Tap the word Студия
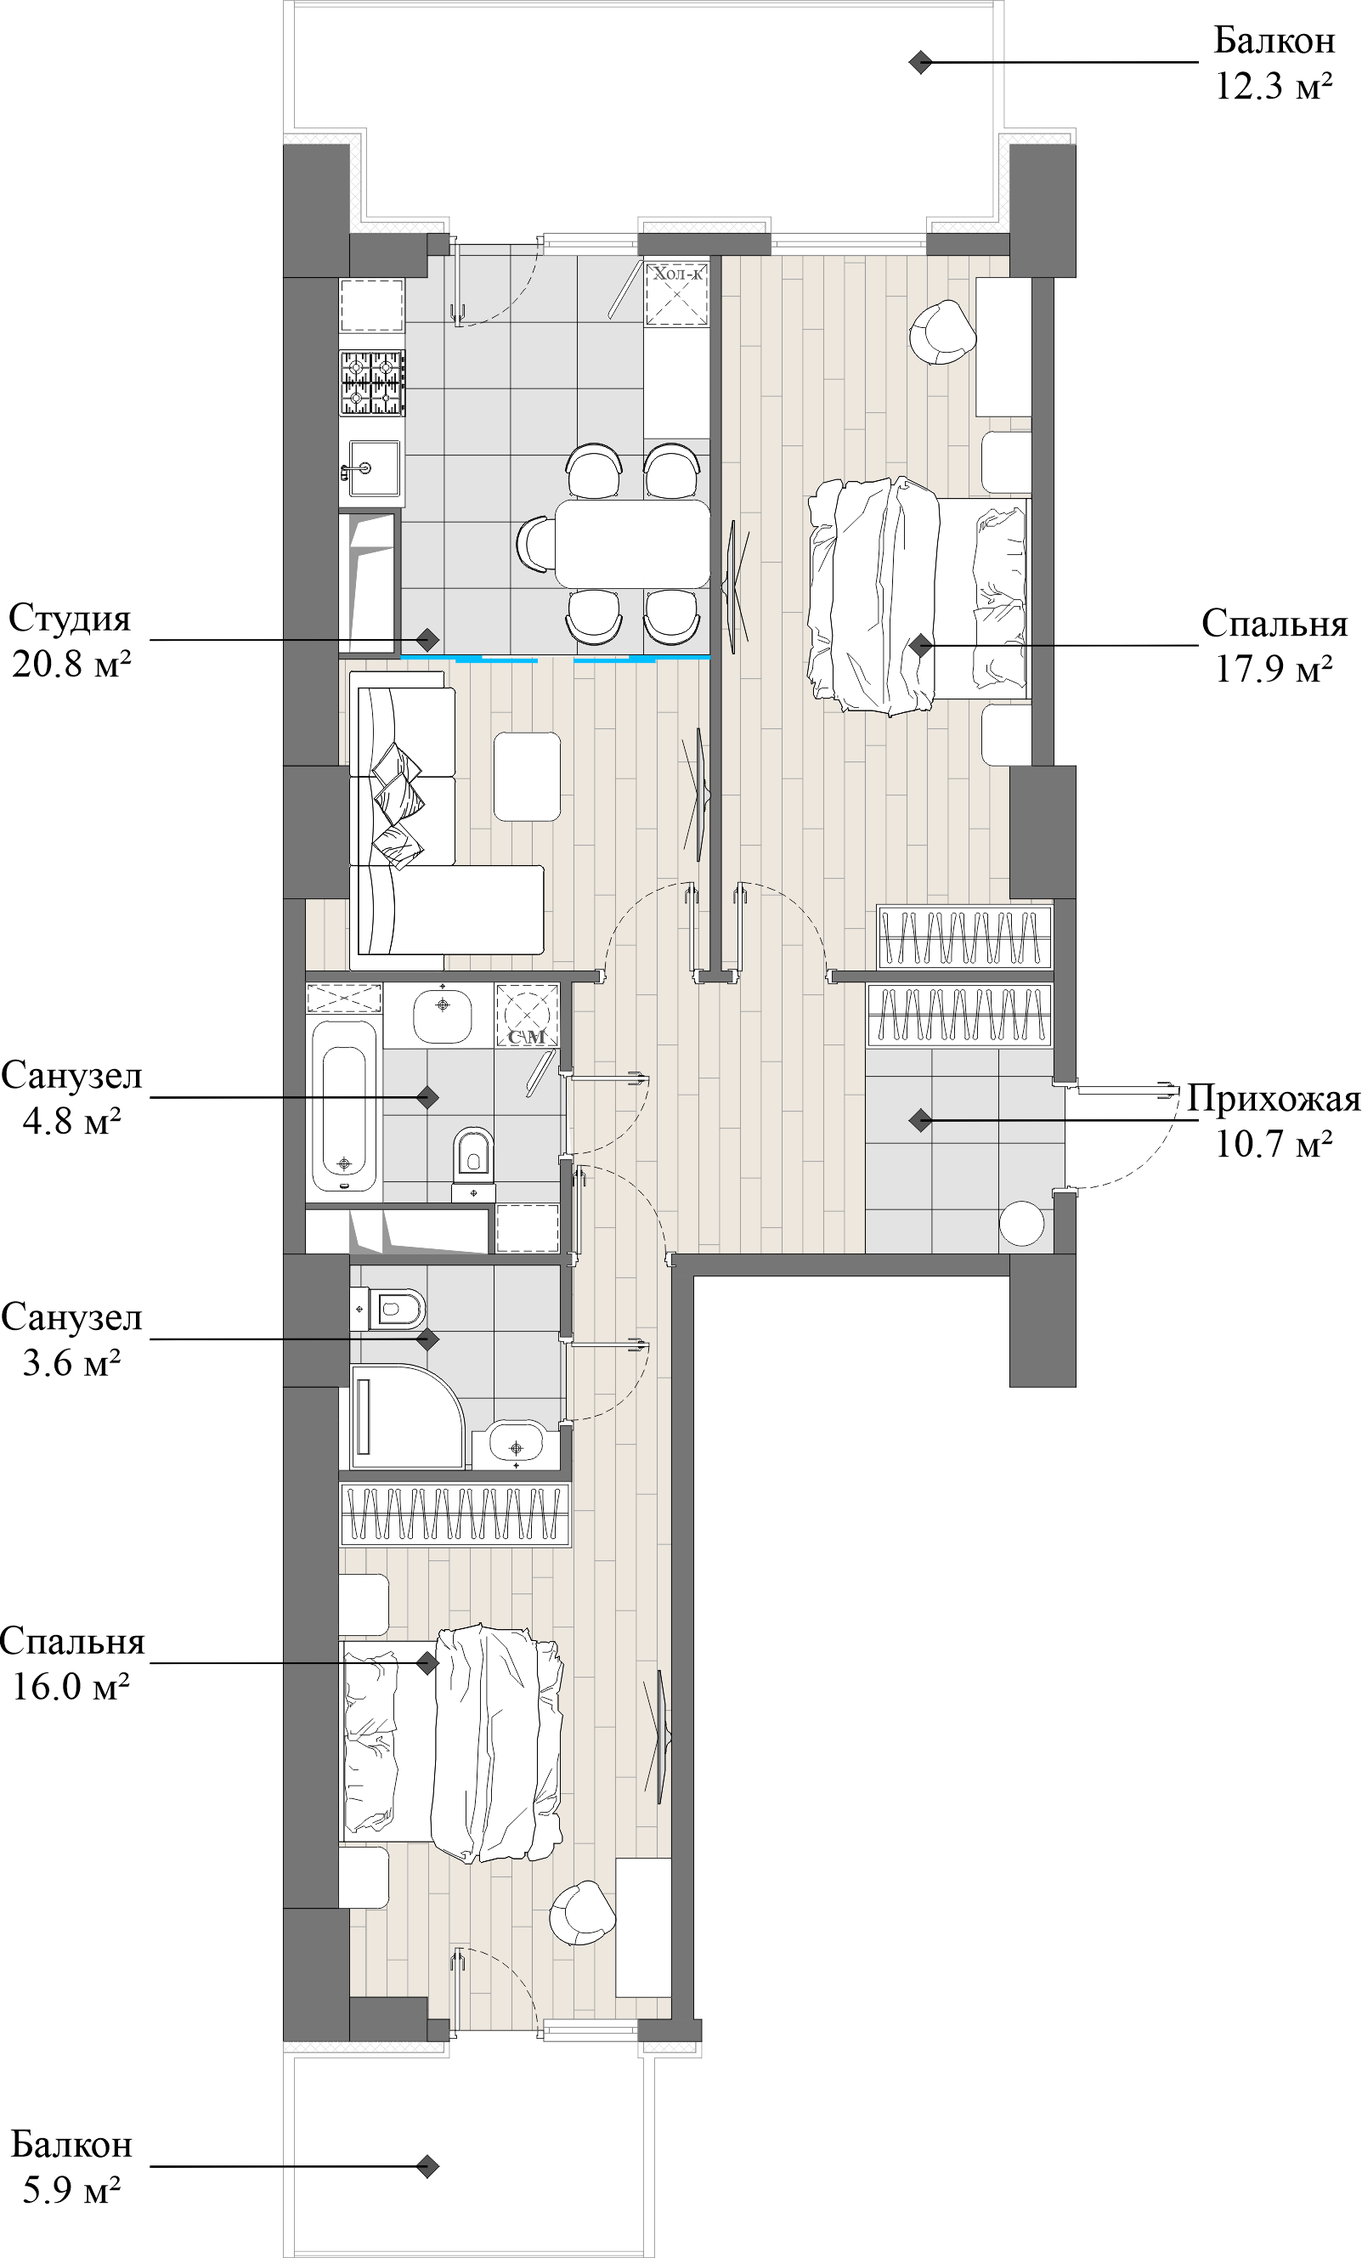(x=70, y=619)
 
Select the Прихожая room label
(x=1273, y=1098)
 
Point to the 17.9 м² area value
(x=1273, y=669)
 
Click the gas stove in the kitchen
(x=372, y=383)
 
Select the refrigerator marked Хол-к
(x=677, y=293)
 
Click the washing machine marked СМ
(x=527, y=1016)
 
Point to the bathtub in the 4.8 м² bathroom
(x=343, y=1106)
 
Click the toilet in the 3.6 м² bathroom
(x=394, y=1309)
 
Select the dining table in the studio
(x=632, y=543)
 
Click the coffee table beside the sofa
(x=527, y=776)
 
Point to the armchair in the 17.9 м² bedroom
(x=941, y=332)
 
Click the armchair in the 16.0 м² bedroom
(x=582, y=1912)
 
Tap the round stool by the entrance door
(x=1021, y=1222)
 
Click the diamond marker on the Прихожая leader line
(x=920, y=1120)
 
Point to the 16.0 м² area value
(x=71, y=1686)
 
